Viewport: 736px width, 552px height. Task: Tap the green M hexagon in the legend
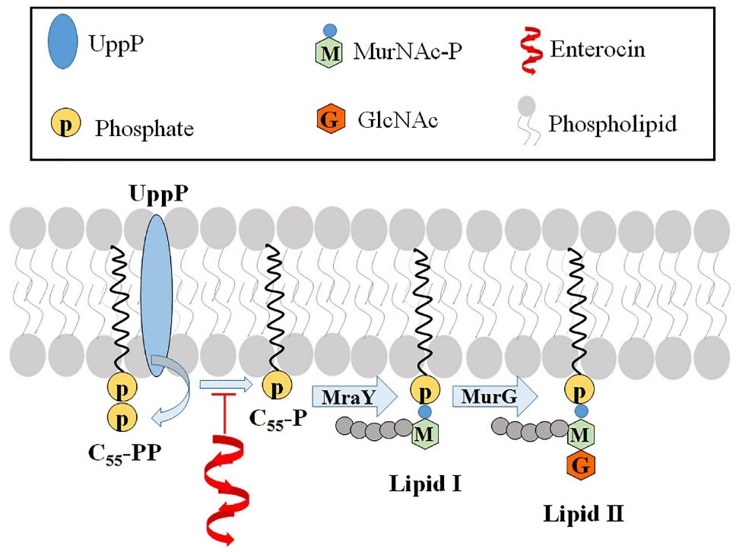click(x=330, y=56)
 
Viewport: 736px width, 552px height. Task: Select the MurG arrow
click(x=496, y=398)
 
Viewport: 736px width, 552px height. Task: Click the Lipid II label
click(x=582, y=512)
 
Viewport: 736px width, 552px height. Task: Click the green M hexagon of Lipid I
click(x=424, y=436)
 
